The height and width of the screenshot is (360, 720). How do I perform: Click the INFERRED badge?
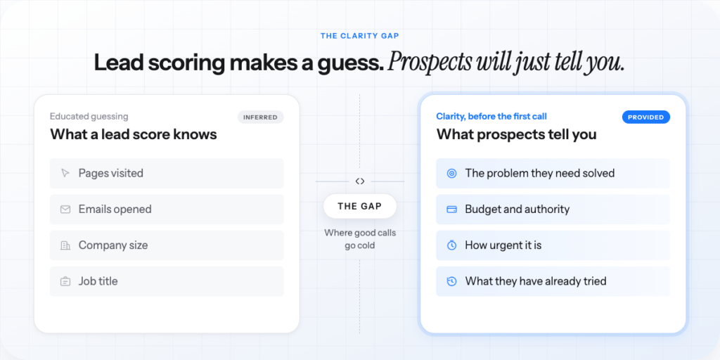(x=260, y=117)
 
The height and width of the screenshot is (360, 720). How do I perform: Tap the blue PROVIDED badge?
(x=646, y=117)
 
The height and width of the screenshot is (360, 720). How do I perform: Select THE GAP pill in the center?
(x=359, y=206)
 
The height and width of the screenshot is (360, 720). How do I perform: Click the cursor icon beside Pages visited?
(x=65, y=173)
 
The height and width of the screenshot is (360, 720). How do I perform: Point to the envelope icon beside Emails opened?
(x=65, y=210)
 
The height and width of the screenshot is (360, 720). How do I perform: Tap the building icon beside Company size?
(x=65, y=245)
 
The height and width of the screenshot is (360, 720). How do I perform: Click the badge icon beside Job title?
(x=65, y=281)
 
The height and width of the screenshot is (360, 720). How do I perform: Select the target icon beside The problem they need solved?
(x=452, y=173)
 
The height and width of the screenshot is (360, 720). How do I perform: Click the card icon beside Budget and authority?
(x=452, y=210)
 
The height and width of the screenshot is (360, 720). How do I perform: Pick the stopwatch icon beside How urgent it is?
(x=452, y=245)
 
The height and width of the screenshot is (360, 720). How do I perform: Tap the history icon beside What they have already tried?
(x=452, y=281)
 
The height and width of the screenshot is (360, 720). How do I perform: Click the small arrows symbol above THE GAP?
(x=360, y=181)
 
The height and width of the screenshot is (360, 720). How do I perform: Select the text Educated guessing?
(x=89, y=116)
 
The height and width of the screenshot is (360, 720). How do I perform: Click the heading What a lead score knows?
(x=134, y=134)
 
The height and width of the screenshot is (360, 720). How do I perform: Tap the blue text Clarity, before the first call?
(x=491, y=116)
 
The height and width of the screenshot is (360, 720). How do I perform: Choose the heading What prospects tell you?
(x=517, y=134)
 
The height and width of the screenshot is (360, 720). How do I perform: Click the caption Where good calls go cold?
(x=360, y=239)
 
